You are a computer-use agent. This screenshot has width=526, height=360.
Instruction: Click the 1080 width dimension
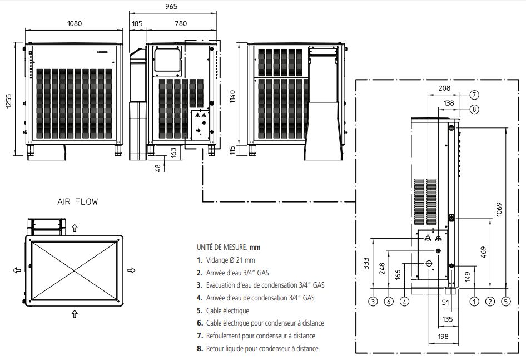74,24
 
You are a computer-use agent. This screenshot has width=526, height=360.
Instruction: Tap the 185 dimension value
137,24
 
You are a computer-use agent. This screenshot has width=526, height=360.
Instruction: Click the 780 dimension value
180,24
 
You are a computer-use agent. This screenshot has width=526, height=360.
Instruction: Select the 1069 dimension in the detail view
498,209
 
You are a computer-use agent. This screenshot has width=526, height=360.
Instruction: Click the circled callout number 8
474,109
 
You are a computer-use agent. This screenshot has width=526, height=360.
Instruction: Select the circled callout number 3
373,302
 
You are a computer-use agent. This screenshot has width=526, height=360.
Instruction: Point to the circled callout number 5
506,302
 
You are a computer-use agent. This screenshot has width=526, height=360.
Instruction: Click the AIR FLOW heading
77,202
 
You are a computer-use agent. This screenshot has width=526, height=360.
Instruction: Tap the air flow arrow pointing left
16,270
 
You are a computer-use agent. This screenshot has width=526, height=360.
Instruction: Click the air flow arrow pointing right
132,270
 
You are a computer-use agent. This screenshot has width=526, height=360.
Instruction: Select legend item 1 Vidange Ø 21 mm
226,260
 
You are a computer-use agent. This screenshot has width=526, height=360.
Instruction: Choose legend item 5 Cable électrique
223,310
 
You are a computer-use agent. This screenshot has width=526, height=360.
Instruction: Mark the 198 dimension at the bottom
443,337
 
